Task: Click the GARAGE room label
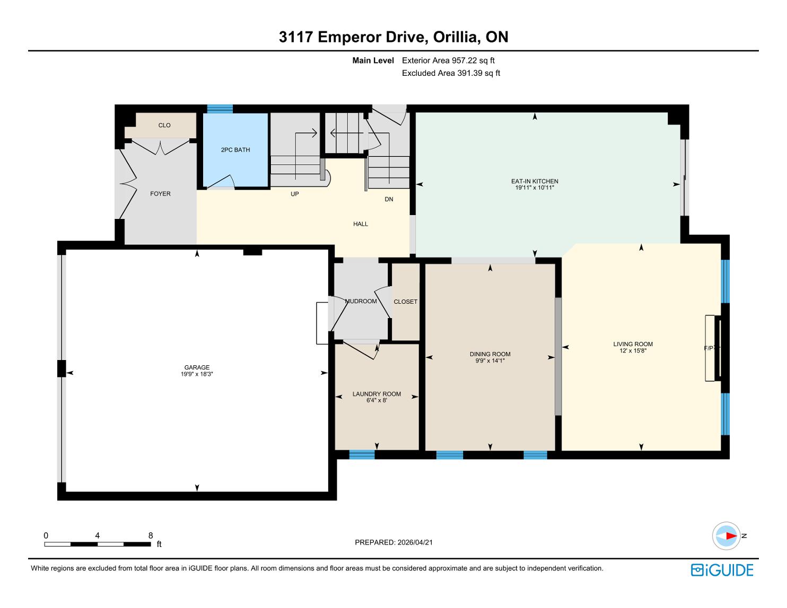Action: (x=197, y=367)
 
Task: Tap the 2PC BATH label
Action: (x=235, y=150)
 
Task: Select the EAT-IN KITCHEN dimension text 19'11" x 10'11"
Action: (x=535, y=188)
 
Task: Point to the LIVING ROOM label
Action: (x=633, y=344)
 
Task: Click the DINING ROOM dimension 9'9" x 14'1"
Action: (x=490, y=360)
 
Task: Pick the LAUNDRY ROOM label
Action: (x=377, y=394)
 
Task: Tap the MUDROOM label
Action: (x=361, y=301)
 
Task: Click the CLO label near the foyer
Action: (x=164, y=125)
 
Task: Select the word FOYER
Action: (x=161, y=193)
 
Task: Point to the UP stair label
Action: (x=295, y=194)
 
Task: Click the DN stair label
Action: (x=389, y=199)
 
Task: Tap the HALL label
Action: (x=361, y=224)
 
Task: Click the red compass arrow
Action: (x=731, y=535)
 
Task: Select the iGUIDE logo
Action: (x=722, y=570)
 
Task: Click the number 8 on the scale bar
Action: (x=151, y=535)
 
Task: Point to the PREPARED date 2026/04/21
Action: (x=415, y=542)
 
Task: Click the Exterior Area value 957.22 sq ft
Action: (x=473, y=60)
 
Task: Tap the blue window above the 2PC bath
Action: (x=220, y=109)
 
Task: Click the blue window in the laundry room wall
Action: (x=362, y=455)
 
